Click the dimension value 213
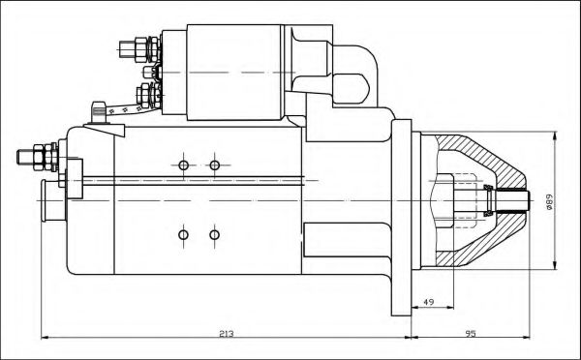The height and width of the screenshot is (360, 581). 227,334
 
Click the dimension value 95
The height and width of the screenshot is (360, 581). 471,334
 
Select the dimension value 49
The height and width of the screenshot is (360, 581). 428,302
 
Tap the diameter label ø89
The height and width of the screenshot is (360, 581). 549,202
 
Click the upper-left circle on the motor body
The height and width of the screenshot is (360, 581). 183,165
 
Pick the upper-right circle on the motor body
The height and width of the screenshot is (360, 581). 215,165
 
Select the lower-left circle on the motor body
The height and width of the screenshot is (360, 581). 183,235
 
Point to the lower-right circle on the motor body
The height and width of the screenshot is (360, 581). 215,235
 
